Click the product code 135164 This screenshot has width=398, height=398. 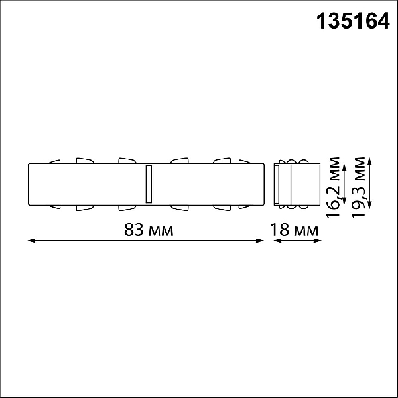[x=353, y=21]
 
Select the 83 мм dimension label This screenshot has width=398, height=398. [x=149, y=230]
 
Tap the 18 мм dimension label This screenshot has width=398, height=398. [x=295, y=230]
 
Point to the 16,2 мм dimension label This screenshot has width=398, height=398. [x=333, y=188]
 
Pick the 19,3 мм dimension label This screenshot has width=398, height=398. [x=358, y=188]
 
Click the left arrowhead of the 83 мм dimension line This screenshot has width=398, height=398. [x=31, y=241]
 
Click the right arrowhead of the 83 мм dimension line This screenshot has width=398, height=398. [x=260, y=241]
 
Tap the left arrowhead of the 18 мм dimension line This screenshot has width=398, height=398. [x=277, y=241]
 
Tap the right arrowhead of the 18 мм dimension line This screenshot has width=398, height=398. [x=318, y=241]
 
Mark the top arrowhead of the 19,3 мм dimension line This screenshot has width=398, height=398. [x=369, y=161]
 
